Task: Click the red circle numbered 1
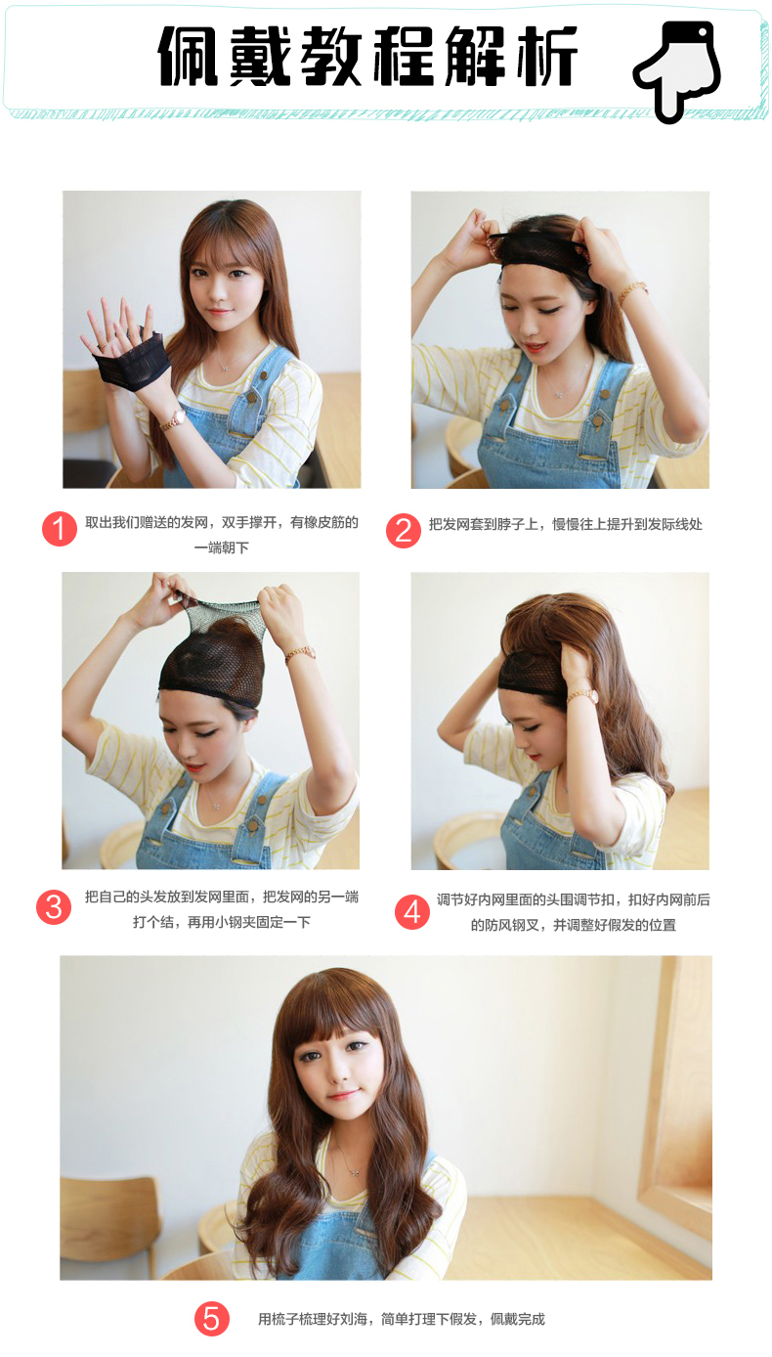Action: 60,529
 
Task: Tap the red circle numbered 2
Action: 404,531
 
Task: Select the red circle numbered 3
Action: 54,907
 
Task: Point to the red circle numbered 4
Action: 412,912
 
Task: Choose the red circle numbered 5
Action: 212,1319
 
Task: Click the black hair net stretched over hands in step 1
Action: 128,359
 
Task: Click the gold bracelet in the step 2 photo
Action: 632,291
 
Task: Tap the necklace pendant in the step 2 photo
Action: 558,394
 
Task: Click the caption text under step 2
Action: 566,525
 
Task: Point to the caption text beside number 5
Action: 402,1319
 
